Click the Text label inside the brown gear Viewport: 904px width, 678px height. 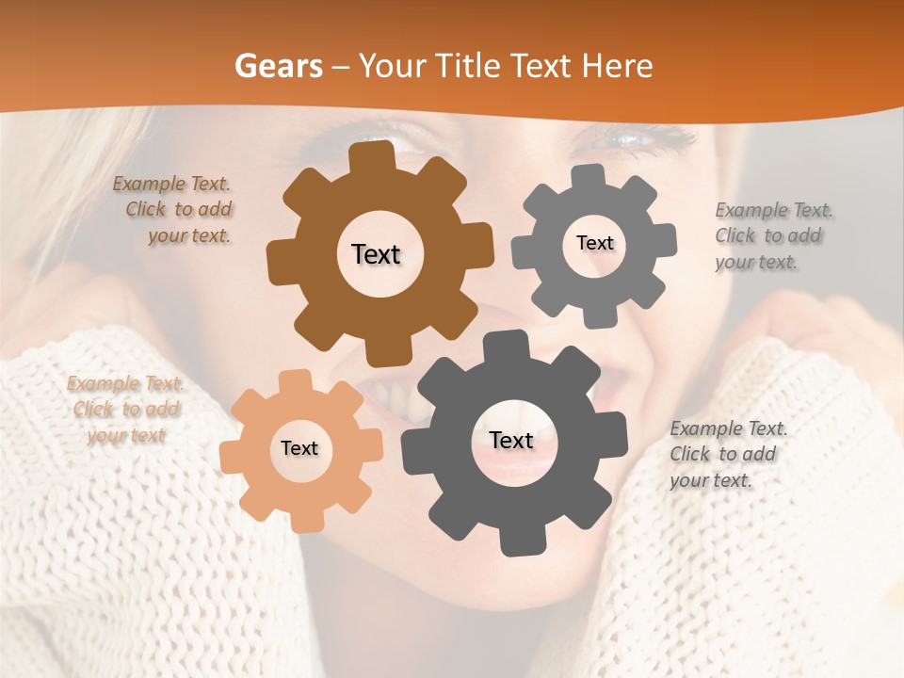376,254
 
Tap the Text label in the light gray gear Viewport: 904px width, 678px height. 594,243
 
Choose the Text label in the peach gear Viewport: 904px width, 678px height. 299,448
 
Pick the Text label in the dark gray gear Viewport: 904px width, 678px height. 511,440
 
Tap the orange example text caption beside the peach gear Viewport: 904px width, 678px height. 125,410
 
